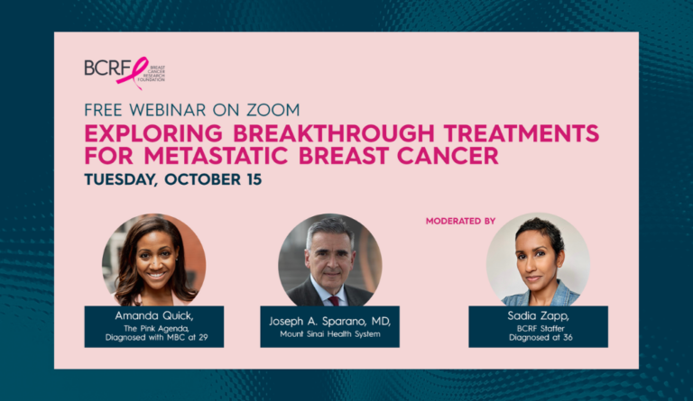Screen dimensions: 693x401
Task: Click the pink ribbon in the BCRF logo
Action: [134, 73]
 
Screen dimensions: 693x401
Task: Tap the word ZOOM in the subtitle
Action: [273, 110]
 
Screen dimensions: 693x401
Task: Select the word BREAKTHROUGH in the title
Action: [334, 133]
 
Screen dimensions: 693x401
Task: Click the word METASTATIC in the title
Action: [217, 156]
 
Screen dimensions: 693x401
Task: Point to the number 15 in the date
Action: [254, 179]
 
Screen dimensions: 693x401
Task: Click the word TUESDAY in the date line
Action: [121, 180]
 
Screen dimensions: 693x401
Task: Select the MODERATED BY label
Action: [460, 221]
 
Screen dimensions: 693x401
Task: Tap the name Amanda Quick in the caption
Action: [153, 316]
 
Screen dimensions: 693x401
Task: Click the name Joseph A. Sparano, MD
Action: [329, 321]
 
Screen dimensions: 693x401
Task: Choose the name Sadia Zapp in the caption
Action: [538, 316]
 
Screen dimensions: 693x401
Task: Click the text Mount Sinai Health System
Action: [329, 334]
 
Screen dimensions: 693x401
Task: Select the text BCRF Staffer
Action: [541, 329]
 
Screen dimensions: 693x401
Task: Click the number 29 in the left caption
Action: [203, 338]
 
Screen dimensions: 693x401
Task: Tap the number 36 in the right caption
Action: [568, 338]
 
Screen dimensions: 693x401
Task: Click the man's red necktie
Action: [334, 301]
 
